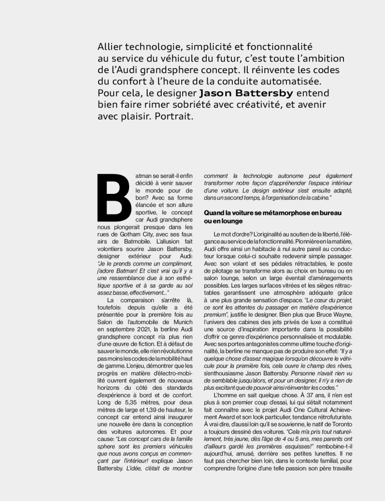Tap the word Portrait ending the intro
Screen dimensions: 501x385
pyautogui.click(x=172, y=116)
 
